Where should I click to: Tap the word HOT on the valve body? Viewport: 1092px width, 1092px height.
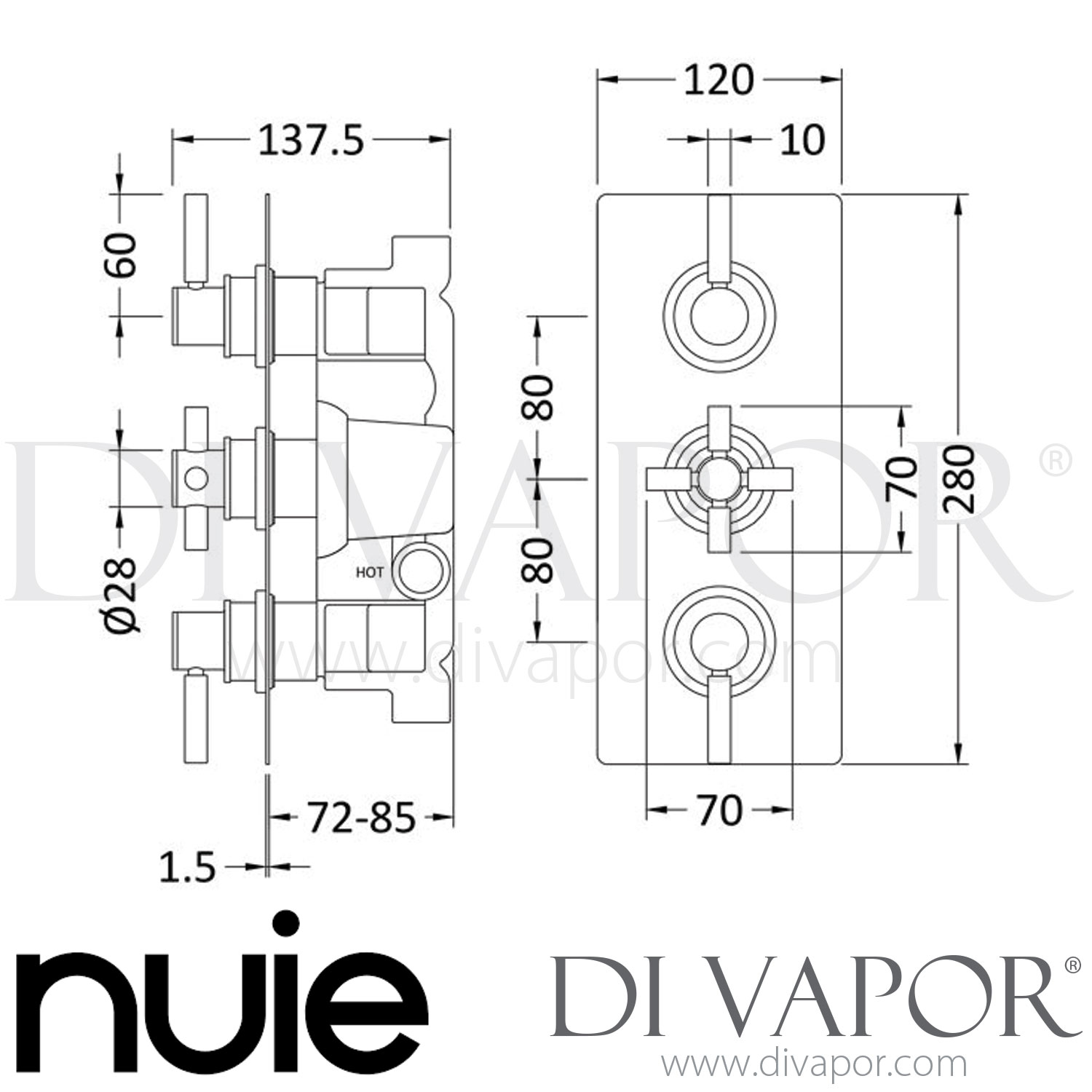point(370,571)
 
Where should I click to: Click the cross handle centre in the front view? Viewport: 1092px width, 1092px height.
point(719,478)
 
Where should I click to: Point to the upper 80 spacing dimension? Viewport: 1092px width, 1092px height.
point(540,397)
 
